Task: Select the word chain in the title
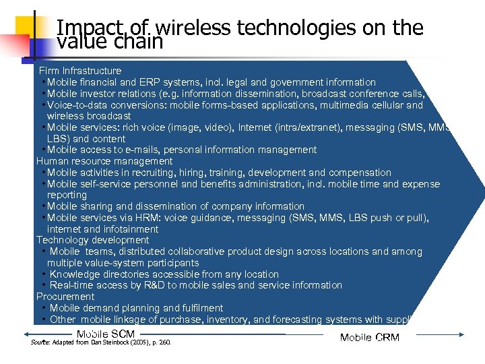pos(139,42)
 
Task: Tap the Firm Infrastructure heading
pos(80,71)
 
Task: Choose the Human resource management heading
pos(104,161)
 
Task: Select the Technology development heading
pos(93,240)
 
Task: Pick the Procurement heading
pos(65,297)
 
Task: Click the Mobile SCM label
pos(106,334)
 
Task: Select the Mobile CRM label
pos(370,338)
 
